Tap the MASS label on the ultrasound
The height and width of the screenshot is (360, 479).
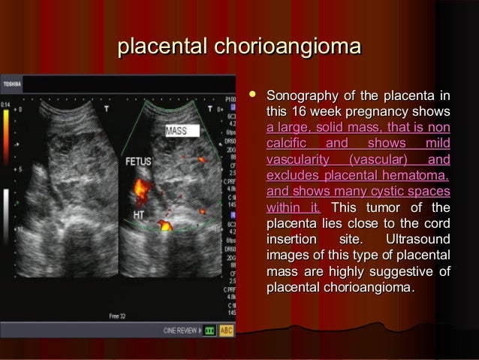pos(177,132)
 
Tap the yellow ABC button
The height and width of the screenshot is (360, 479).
pos(226,330)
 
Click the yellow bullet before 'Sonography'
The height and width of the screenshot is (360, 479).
pos(253,97)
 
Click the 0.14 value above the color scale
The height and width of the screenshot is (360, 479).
pos(6,103)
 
